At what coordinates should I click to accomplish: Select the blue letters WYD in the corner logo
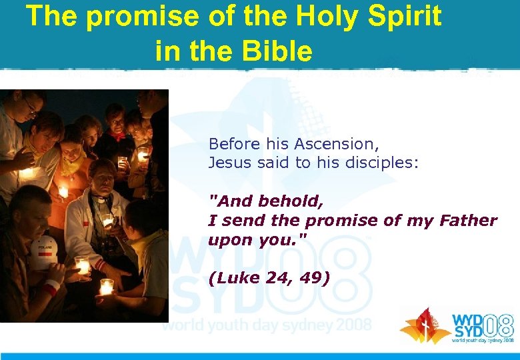467,320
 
